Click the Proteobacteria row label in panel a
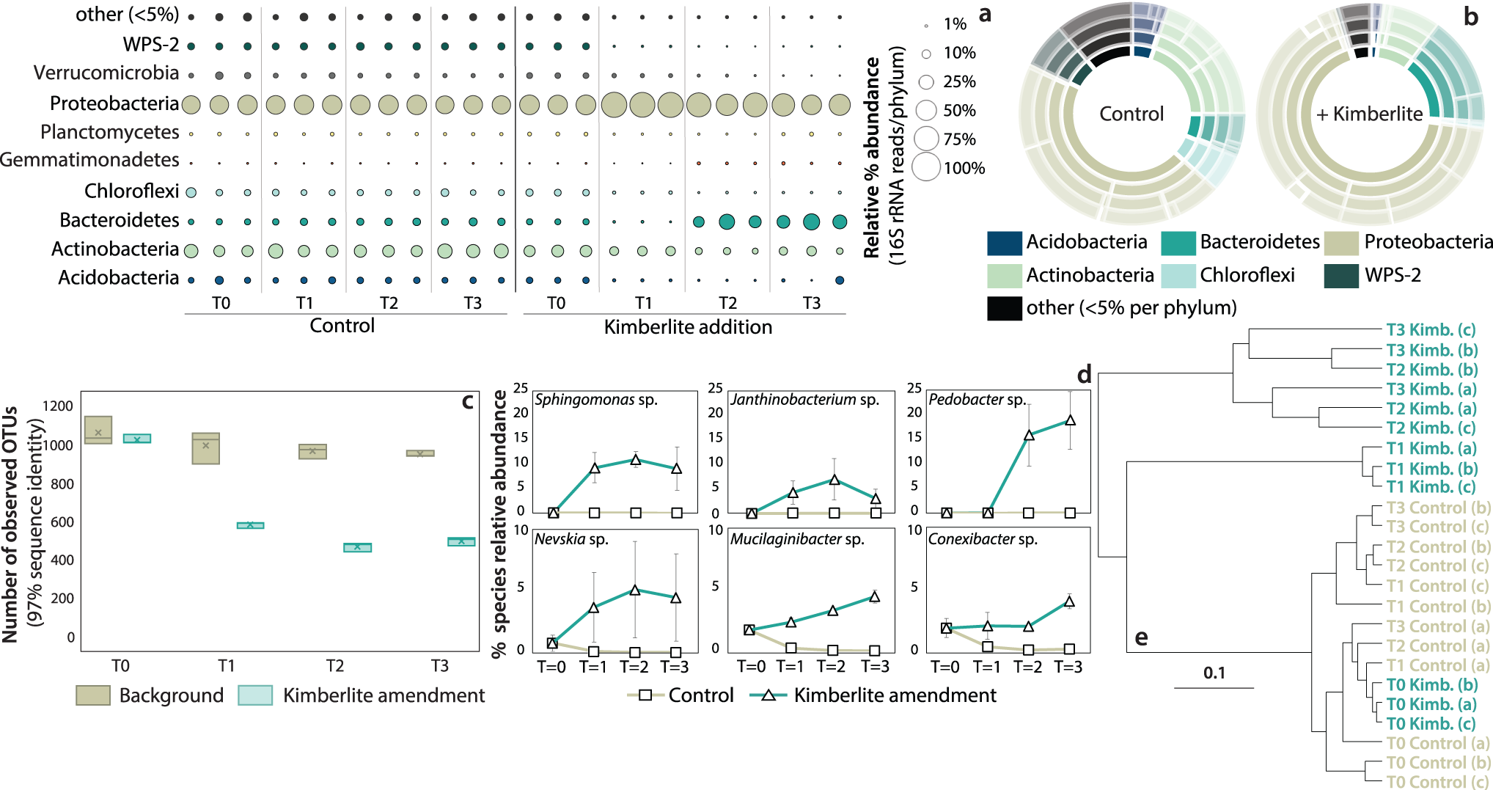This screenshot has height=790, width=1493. point(114,103)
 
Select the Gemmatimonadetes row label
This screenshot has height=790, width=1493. point(89,160)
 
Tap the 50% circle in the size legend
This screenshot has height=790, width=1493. point(927,111)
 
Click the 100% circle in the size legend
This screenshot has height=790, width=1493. point(926,167)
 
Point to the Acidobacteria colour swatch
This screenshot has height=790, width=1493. point(1004,243)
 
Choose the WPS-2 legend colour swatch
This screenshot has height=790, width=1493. point(1341,276)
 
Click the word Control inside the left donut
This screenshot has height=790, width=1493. point(1131,114)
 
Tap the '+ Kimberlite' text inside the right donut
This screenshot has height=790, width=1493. point(1368,114)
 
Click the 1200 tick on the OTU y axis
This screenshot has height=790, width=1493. point(58,406)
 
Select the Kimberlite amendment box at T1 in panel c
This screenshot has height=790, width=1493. point(250,525)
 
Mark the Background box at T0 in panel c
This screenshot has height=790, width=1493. point(98,431)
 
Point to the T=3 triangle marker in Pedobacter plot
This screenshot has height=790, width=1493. point(1070,420)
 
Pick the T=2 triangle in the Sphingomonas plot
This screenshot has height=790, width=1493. point(636,460)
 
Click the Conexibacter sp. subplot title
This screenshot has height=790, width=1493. point(983,539)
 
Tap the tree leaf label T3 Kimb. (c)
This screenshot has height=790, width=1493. point(1431,330)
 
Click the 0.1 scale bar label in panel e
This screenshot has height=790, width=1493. point(1214,673)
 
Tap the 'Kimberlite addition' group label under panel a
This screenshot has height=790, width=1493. point(688,327)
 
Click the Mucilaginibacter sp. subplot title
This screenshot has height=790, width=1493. point(797,539)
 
